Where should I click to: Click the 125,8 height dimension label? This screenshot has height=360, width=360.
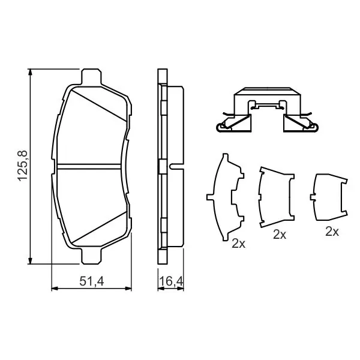(23, 166)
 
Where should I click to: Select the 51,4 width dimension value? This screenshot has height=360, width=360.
(92, 281)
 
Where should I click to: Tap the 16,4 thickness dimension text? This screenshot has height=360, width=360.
(171, 281)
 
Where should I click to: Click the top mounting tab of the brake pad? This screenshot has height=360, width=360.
(91, 77)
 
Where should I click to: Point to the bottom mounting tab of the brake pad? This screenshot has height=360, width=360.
(91, 256)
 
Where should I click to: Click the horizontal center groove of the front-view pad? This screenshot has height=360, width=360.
(89, 166)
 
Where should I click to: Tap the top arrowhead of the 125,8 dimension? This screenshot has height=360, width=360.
(30, 71)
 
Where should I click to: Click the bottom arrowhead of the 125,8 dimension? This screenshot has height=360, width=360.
(30, 261)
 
